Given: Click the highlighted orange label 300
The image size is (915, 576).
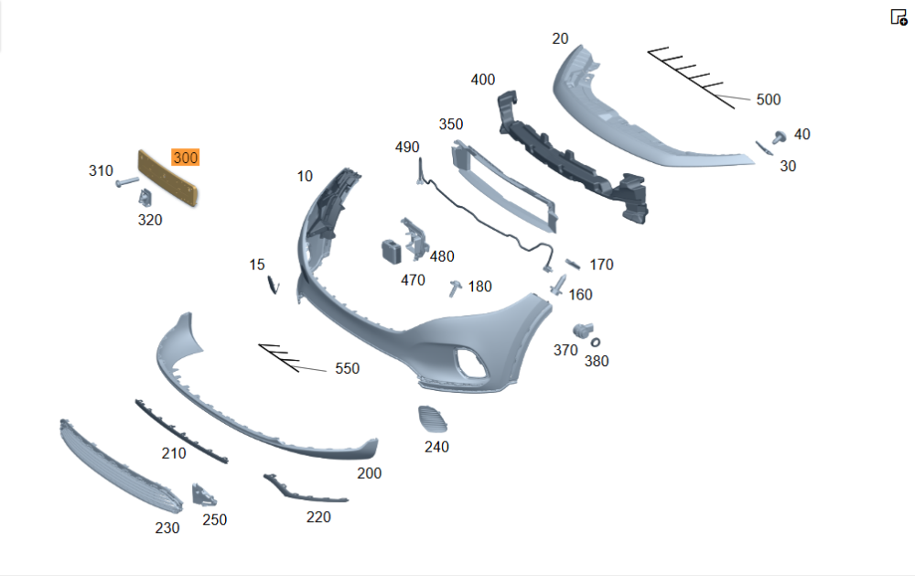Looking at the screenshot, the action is coord(186,158).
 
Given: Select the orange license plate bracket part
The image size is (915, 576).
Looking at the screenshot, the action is coord(167,178).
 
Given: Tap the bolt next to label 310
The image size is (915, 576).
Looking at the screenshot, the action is coord(126,182).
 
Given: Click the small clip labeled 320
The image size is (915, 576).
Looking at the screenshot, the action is coord(145,198).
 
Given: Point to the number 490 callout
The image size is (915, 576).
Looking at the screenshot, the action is coord(407,147).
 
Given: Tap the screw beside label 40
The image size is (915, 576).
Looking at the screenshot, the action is coord(779,137).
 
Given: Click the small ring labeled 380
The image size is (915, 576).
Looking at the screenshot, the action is coord(596,342).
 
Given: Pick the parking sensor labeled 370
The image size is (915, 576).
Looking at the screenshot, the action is coord(582,330).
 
